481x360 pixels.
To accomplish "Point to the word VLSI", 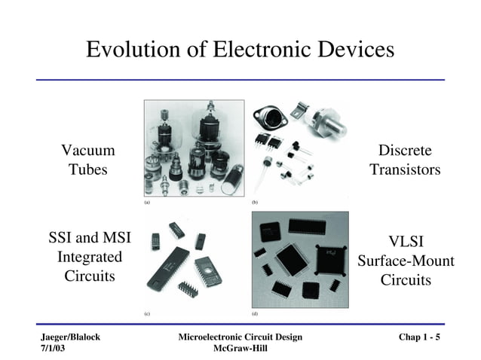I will pos(406,242).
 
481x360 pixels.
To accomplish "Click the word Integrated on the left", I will pos(90,257).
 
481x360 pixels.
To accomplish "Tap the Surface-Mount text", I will pos(406,261).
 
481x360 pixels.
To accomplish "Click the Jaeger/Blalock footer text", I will pos(70,337).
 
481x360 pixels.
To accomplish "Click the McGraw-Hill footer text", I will pos(240,348).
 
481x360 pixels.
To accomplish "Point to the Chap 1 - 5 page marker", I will pos(419,337).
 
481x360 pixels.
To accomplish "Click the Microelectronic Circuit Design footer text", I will pos(240,337).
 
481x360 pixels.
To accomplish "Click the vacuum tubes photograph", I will pos(194,149).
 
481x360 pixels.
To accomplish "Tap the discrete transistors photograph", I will pos(299,149).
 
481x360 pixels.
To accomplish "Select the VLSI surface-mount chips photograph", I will pos(299,259).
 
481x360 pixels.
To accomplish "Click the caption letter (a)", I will pos(147,203).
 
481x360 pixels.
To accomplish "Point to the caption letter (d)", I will pos(255,312).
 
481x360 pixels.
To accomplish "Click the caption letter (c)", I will pos(147,312).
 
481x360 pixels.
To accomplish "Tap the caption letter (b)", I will pos(255,203).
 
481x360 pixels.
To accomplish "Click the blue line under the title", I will pos(240,79).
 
